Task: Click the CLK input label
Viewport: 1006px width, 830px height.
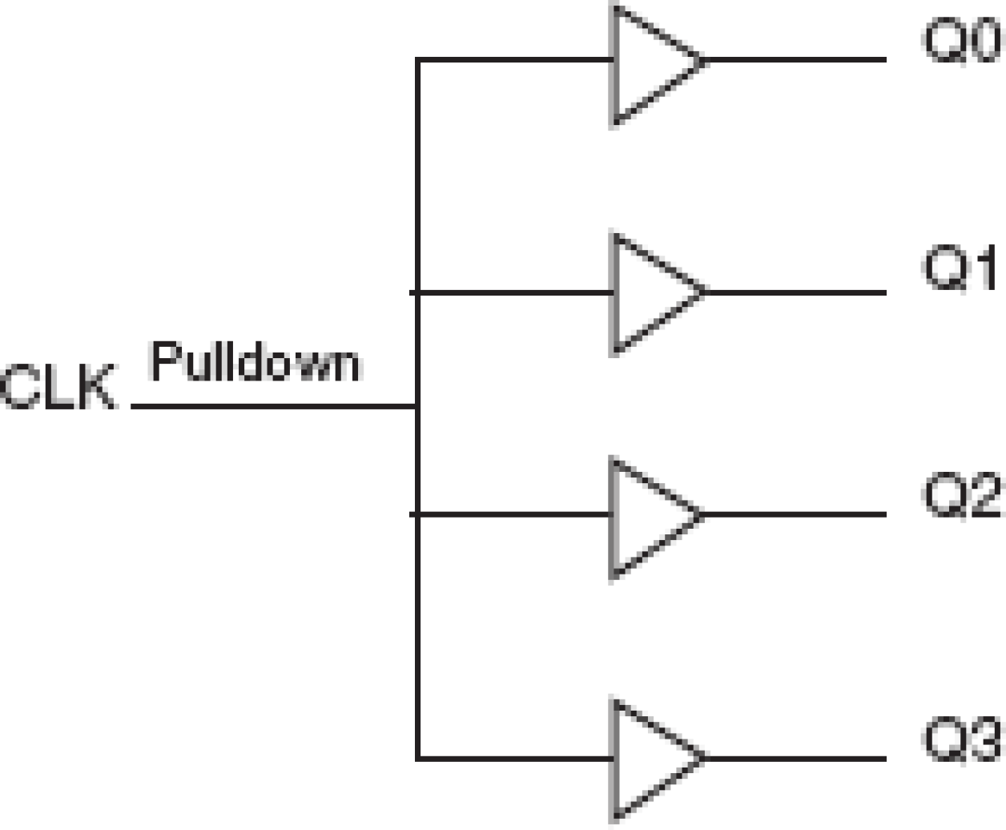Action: [x=58, y=388]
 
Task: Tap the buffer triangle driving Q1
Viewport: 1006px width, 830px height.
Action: [x=649, y=292]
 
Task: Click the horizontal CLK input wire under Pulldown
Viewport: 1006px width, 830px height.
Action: [x=272, y=407]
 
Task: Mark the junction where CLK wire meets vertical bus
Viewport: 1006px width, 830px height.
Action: [x=417, y=407]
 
